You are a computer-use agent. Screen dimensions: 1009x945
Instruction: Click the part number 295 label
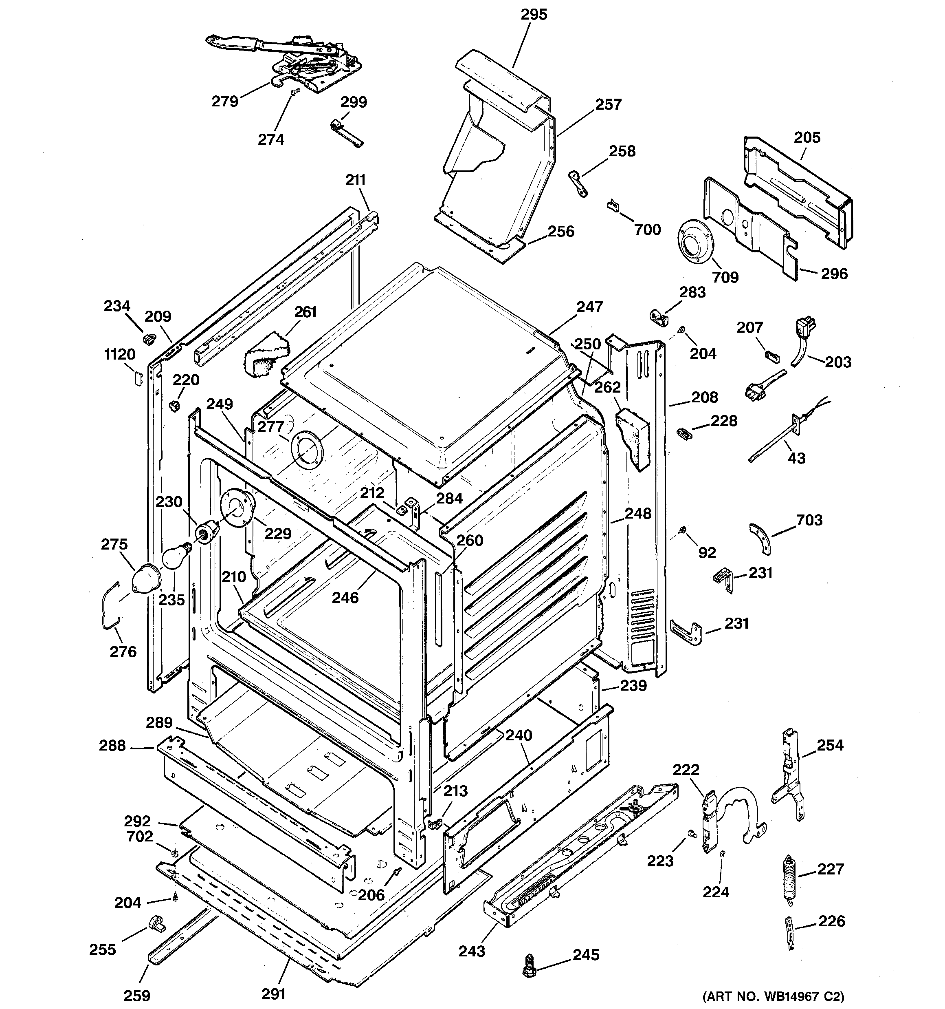click(534, 15)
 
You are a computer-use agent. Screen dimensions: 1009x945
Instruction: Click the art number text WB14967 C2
click(773, 996)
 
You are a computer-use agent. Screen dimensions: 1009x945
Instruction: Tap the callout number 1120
click(120, 354)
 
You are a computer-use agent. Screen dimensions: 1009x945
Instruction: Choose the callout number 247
click(589, 307)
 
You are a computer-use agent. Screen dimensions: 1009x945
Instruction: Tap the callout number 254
click(830, 745)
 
